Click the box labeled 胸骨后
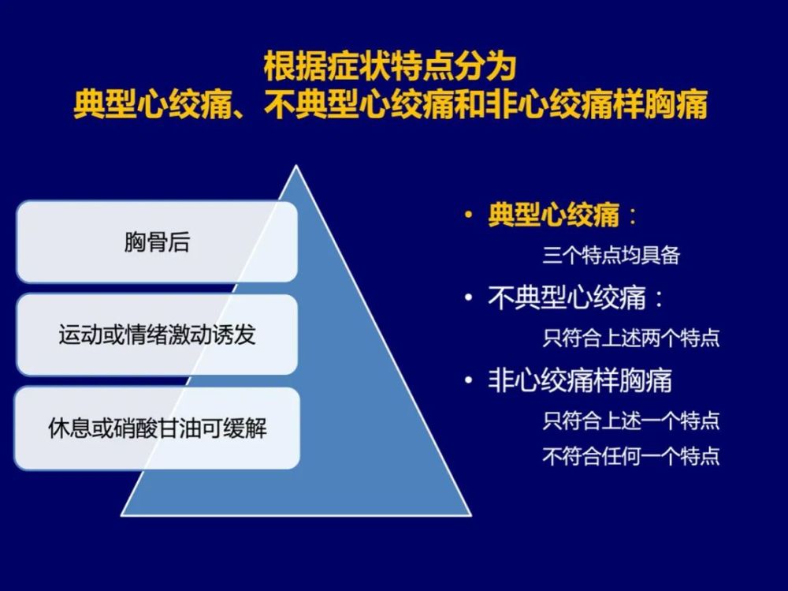[x=157, y=241]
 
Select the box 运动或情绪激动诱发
[x=157, y=335]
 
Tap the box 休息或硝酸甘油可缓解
[x=157, y=428]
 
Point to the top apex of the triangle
[x=296, y=166]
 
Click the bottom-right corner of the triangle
[x=471, y=515]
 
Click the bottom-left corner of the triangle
[x=121, y=515]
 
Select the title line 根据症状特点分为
[x=390, y=66]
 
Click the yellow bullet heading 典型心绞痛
[x=554, y=215]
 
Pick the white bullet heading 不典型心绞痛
[x=567, y=297]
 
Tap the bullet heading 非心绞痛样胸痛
[x=580, y=380]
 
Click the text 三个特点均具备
[x=611, y=255]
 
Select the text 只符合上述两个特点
[x=631, y=338]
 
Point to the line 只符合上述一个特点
[x=631, y=421]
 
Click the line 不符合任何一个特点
[x=631, y=456]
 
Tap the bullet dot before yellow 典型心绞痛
[x=469, y=215]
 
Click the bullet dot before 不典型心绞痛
[x=469, y=297]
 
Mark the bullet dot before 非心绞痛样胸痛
[x=469, y=380]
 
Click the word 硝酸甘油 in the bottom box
[x=158, y=428]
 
